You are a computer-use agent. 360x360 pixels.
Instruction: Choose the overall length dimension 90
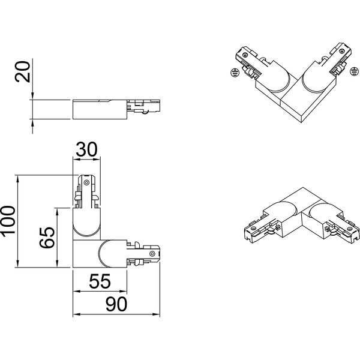[117, 304]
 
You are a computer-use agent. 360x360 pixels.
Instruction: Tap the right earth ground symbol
[353, 71]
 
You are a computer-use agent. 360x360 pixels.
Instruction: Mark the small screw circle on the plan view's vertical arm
[88, 182]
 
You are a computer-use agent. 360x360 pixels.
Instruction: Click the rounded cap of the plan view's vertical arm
[88, 224]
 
